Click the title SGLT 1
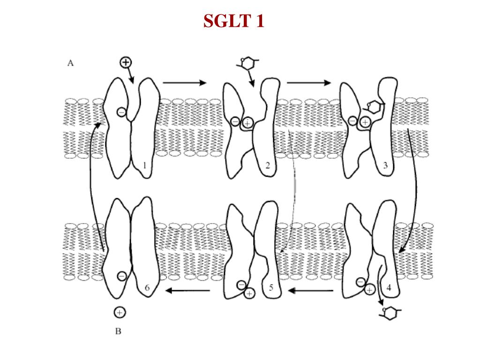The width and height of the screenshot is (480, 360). point(233,21)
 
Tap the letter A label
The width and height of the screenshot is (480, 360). point(70,63)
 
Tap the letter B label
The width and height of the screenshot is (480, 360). point(118,331)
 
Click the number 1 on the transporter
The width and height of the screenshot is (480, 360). point(145,165)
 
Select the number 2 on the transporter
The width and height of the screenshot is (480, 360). point(268,165)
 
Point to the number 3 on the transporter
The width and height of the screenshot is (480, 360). point(385,165)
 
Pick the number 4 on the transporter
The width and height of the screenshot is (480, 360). point(389,288)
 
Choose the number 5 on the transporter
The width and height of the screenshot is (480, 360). point(271,288)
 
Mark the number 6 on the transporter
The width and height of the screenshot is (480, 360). point(147,288)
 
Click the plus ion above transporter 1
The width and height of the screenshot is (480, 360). point(126,62)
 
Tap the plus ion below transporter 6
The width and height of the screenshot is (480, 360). point(120,313)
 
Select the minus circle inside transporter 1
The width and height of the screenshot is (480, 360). point(121,112)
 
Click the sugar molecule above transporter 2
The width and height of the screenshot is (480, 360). point(248,63)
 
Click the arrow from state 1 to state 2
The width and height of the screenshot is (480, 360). point(185,82)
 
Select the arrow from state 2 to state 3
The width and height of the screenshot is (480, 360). point(308,82)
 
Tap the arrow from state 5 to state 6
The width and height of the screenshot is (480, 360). point(187,290)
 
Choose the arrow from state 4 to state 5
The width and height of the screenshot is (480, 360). point(310,290)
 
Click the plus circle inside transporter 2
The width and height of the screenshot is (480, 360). point(247,123)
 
